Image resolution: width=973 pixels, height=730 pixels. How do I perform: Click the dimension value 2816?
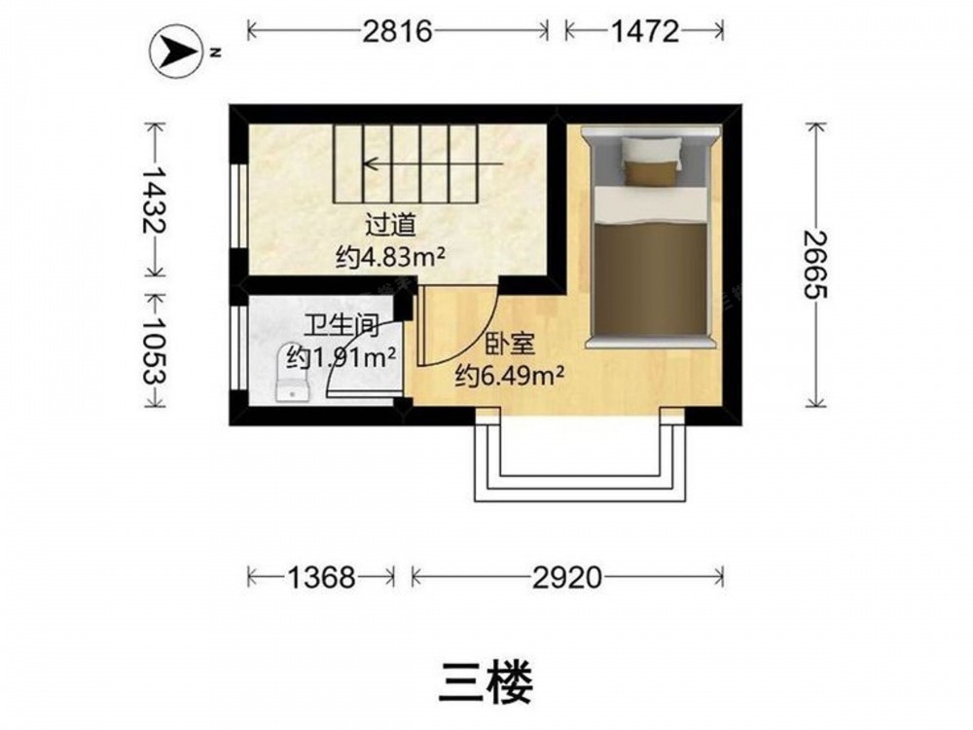click(397, 30)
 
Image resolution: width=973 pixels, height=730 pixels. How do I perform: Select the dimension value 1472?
click(645, 30)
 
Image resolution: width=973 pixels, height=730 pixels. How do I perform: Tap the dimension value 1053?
click(154, 351)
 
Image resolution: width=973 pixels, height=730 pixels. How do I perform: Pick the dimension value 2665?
click(814, 265)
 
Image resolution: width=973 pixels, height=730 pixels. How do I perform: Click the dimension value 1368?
click(321, 578)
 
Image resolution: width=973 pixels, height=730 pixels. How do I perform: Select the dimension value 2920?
click(567, 578)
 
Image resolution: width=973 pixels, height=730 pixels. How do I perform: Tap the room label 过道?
click(390, 226)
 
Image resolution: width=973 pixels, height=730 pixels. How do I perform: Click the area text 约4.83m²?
click(391, 256)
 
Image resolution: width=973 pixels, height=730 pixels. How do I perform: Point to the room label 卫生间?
click(342, 325)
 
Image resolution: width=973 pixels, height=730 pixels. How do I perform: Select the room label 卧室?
click(510, 344)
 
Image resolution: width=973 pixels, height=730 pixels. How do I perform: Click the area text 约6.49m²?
click(510, 375)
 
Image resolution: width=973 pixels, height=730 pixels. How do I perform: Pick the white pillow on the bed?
click(652, 153)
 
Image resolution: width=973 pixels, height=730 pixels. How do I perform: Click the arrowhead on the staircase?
click(372, 164)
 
